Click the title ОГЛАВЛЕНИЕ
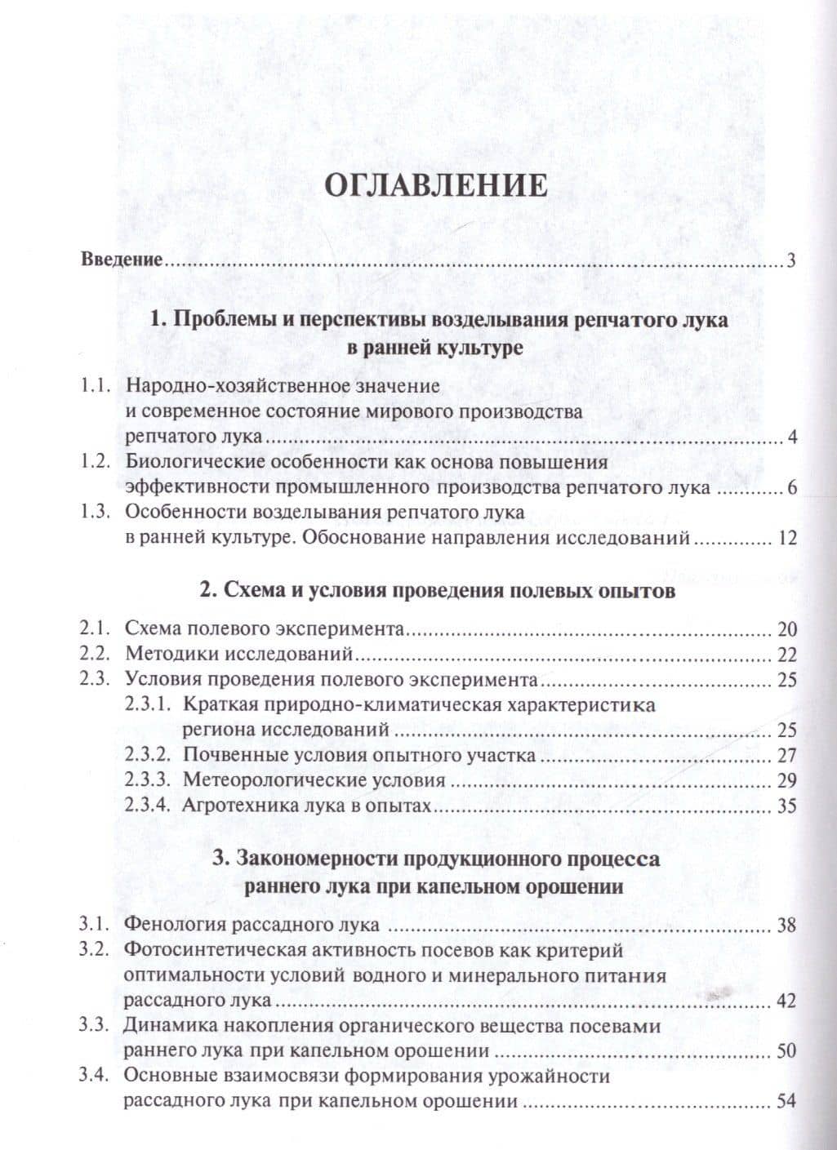(436, 185)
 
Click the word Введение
(122, 262)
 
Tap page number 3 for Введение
(790, 262)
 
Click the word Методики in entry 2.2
(172, 655)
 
